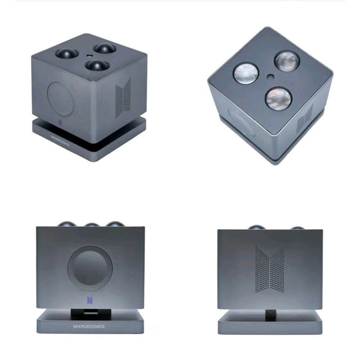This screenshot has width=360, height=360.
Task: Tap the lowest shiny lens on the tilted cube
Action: (x=279, y=99)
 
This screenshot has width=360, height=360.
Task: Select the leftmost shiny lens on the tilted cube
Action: (x=246, y=73)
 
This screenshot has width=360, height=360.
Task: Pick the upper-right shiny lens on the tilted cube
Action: (x=287, y=61)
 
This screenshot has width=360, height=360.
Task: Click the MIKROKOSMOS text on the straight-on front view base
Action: (x=89, y=326)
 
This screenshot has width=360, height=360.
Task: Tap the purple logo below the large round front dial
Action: (x=90, y=301)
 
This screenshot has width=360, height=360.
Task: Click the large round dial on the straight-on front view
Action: (x=90, y=268)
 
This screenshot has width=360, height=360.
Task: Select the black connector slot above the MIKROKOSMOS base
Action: (x=91, y=314)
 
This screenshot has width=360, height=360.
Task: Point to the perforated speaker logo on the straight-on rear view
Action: (x=270, y=269)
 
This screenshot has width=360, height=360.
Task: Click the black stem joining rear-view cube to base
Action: (x=270, y=315)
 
